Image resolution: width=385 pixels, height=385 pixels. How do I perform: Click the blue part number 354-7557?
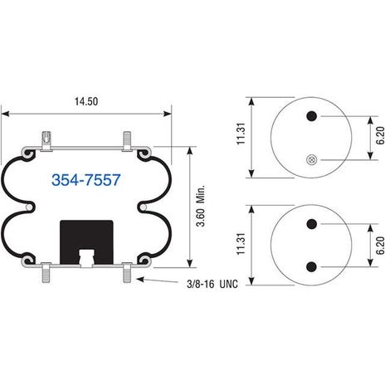point(86,180)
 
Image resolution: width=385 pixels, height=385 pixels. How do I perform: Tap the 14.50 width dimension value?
point(86,101)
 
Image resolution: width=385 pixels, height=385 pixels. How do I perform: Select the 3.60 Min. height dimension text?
point(201,206)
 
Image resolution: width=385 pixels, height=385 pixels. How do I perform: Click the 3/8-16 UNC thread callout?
point(212,284)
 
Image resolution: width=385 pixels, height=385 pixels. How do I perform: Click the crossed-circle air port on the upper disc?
point(312,159)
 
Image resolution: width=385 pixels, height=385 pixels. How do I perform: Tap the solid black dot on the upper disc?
point(312,116)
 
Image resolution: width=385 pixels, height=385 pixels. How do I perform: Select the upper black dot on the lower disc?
point(312,224)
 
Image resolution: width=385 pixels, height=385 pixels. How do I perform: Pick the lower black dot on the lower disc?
point(312,267)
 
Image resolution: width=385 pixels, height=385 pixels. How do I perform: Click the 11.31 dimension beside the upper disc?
point(241,134)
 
